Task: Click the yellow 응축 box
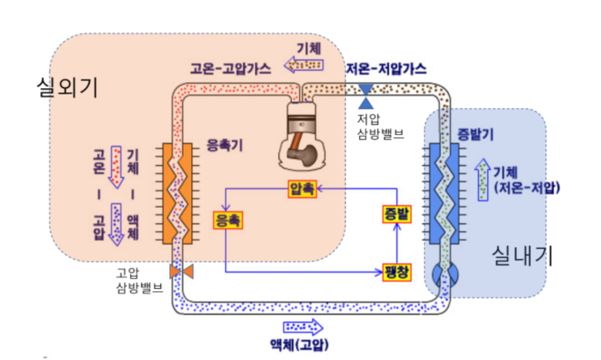(x=228, y=219)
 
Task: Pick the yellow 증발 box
(x=397, y=214)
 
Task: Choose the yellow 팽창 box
(x=397, y=272)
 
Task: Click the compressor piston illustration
(x=301, y=134)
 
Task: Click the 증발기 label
(x=475, y=133)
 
